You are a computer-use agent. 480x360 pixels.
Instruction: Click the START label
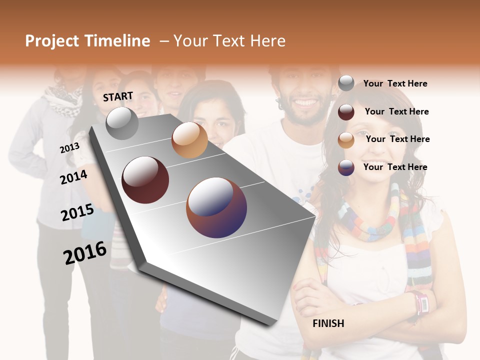click(118, 96)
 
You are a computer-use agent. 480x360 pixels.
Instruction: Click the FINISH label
click(328, 323)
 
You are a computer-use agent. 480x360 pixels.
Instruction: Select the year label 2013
click(69, 148)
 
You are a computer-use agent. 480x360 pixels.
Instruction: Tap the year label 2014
click(73, 177)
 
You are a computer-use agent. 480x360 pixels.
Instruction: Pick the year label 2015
click(77, 212)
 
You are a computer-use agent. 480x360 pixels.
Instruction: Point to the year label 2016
click(85, 253)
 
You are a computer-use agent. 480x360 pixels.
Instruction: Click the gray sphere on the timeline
click(122, 123)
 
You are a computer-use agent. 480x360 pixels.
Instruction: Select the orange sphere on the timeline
click(189, 140)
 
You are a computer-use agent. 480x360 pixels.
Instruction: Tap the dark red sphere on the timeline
click(145, 180)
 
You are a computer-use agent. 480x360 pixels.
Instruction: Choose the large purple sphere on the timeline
click(216, 207)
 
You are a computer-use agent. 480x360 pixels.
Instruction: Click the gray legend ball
click(346, 83)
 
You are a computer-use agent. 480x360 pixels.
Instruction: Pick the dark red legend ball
click(346, 112)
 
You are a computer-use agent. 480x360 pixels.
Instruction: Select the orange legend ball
click(346, 140)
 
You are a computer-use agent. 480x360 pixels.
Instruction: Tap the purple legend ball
click(346, 167)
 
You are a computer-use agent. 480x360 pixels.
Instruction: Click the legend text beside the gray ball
click(395, 83)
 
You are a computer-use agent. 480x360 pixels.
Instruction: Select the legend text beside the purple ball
click(395, 167)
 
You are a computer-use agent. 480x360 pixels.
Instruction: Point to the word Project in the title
click(52, 41)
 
